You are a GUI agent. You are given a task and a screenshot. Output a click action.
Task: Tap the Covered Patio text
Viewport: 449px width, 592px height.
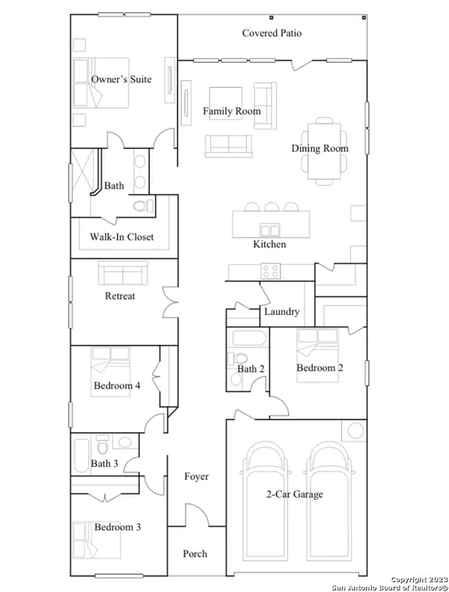272,34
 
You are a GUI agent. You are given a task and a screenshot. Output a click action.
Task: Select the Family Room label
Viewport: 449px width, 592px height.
232,112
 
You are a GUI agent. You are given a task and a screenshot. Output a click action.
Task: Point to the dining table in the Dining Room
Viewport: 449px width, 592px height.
323,150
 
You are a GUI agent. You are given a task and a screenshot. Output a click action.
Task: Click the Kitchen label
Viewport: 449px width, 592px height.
269,245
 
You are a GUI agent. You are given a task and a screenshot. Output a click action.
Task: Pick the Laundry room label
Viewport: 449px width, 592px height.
281,312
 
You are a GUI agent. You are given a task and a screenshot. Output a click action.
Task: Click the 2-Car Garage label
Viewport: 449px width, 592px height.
295,495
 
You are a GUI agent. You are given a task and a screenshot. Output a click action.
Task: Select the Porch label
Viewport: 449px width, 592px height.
195,554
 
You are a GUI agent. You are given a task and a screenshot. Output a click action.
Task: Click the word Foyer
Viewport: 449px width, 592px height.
196,477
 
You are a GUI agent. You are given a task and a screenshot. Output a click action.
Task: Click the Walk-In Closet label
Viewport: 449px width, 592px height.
121,237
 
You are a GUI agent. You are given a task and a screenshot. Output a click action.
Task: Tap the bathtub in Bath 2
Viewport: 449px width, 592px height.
246,338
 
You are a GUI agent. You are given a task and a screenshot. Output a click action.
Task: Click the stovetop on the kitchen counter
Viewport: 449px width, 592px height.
270,271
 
